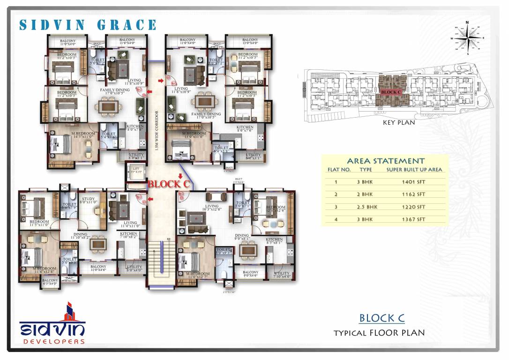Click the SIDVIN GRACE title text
pos(88,25)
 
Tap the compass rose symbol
pos(467,38)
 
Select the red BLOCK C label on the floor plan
pos(168,184)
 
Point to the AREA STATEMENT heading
pos(385,161)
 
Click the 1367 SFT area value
pos(414,219)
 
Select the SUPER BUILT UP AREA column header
pos(414,170)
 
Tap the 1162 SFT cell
pos(414,194)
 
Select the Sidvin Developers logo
pos(52,324)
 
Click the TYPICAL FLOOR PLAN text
pos(379,333)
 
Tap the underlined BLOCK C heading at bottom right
pos(382,318)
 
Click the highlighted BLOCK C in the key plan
pos(390,92)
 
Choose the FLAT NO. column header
pos(339,170)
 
